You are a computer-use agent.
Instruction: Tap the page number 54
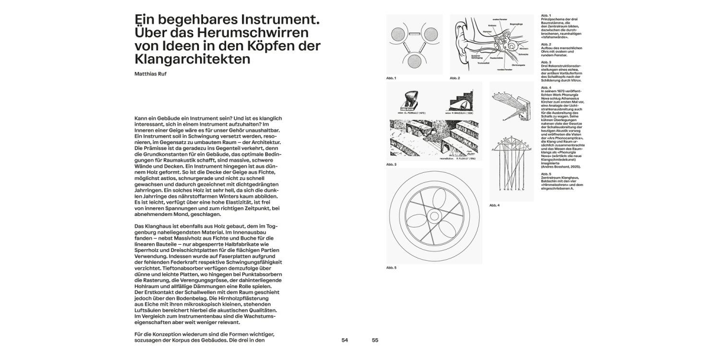point(345,340)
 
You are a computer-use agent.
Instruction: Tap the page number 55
point(375,340)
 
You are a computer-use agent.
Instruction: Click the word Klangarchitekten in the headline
point(192,59)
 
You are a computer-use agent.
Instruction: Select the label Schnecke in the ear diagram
point(524,54)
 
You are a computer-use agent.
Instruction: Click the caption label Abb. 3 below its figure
point(391,165)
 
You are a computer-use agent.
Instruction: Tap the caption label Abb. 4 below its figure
point(494,205)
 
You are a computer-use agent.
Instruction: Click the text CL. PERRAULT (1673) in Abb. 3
point(409,112)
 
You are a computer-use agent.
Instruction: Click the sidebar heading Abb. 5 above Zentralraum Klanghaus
point(546,174)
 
